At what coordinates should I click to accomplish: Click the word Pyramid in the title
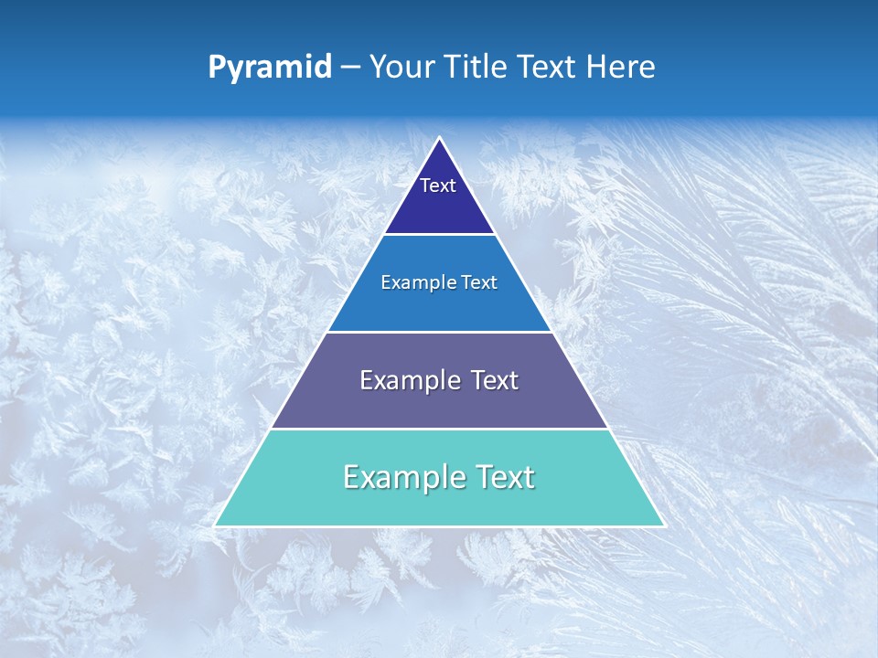270,68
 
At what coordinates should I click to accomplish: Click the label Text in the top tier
438,186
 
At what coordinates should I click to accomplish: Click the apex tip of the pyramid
440,139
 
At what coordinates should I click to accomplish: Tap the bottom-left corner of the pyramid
217,525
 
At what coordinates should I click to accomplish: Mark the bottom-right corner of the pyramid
662,525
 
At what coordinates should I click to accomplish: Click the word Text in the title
550,68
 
